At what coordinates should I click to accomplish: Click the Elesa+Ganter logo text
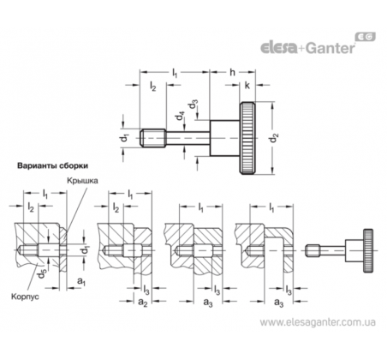(x=307, y=48)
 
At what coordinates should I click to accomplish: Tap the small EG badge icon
(x=366, y=37)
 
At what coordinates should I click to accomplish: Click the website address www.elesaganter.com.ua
(x=318, y=322)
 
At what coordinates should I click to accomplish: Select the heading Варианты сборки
(x=53, y=166)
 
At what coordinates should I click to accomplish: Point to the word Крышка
(x=82, y=181)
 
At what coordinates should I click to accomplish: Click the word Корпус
(x=25, y=297)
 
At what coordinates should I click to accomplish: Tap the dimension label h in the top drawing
(x=233, y=72)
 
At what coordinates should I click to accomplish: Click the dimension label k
(x=247, y=85)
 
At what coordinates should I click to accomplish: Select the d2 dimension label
(x=274, y=138)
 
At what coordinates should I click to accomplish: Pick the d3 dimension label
(x=193, y=105)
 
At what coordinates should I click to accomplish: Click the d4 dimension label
(x=180, y=116)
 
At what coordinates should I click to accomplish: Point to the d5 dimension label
(x=42, y=273)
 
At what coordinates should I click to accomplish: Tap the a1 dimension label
(x=81, y=281)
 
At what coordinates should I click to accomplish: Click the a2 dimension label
(x=143, y=302)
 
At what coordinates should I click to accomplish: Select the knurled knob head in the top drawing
(x=247, y=138)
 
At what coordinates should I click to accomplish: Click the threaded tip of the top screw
(x=153, y=138)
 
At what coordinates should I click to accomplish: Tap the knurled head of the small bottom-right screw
(x=368, y=250)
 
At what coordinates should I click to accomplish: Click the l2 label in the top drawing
(x=153, y=86)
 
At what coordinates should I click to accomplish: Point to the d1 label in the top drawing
(x=124, y=138)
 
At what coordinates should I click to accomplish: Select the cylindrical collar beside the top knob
(x=224, y=138)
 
